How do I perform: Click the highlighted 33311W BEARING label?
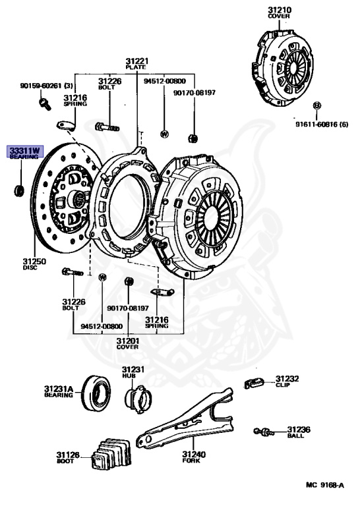(x=24, y=154)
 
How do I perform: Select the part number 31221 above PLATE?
(x=136, y=64)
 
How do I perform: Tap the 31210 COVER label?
(x=279, y=13)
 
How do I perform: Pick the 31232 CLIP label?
(x=287, y=381)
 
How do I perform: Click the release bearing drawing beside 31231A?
(x=96, y=395)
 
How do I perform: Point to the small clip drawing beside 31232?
(x=255, y=381)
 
